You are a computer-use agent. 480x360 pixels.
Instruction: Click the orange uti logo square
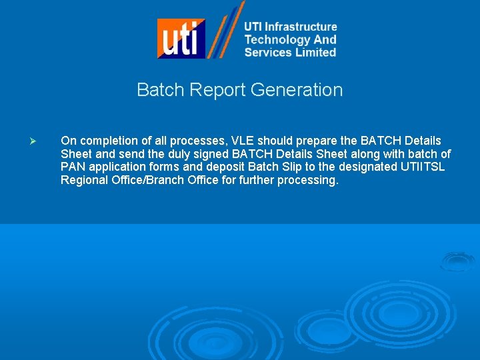[x=181, y=38]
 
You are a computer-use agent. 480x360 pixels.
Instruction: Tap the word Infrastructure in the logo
[x=301, y=27]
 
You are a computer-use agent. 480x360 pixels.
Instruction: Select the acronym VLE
[x=243, y=141]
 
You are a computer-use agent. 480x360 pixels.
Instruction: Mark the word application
[x=115, y=167]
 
